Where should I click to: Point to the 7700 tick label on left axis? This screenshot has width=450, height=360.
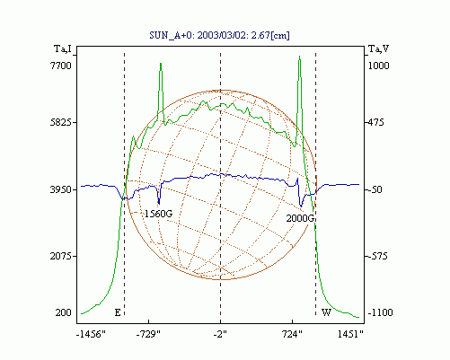pos(61,66)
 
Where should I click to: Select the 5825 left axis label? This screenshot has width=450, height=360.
pos(61,122)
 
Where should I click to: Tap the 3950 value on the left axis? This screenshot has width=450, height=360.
pos(61,189)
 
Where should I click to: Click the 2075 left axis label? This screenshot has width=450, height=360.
pos(61,256)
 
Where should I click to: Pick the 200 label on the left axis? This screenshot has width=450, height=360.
pos(64,312)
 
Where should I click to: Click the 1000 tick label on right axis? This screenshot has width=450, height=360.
pos(378,66)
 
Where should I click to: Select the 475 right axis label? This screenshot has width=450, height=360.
pos(375,122)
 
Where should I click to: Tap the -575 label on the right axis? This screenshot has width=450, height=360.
pos(377,256)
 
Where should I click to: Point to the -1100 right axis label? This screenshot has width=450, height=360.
pos(380,312)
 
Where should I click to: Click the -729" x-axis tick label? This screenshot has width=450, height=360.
pos(148,334)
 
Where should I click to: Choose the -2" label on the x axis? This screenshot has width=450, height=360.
pos(220,334)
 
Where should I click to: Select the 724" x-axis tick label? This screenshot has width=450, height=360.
pos(292,334)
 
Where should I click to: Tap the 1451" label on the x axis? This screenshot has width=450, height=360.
pos(350,334)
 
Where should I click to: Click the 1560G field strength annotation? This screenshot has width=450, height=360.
pos(158,214)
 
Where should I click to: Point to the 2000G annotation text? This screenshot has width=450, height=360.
pos(300,218)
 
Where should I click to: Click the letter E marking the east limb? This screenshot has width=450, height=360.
pos(118,312)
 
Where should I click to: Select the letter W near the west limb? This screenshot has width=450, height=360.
pos(326,312)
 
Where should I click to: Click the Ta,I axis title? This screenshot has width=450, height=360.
pos(63,48)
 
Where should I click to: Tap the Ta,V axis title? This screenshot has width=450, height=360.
pos(378,48)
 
